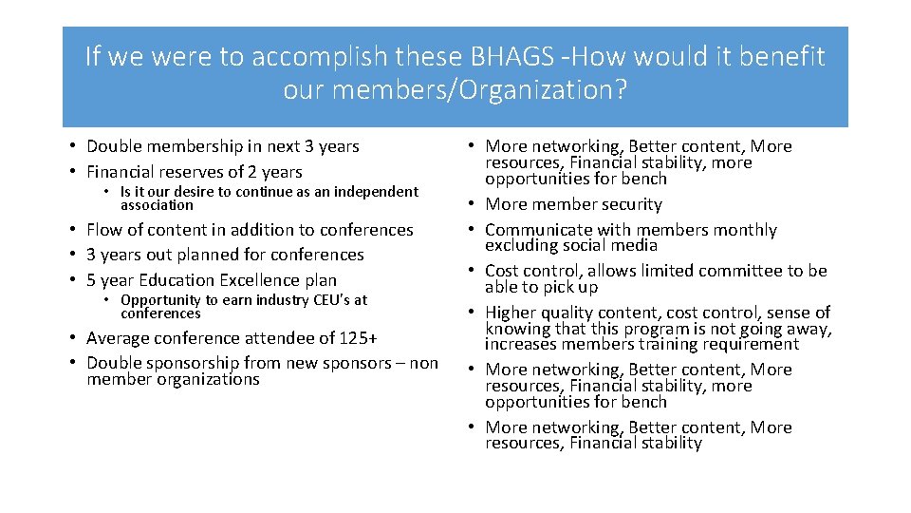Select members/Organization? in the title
click(x=455, y=91)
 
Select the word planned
click(x=231, y=255)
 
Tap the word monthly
click(x=743, y=230)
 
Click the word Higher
click(x=511, y=313)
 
